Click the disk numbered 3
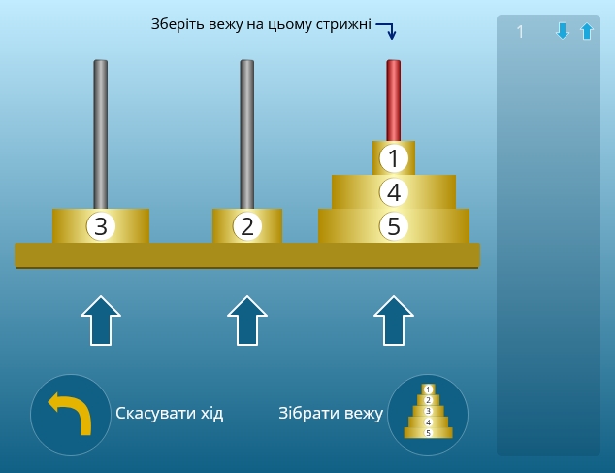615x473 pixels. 101,226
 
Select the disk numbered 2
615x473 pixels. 247,226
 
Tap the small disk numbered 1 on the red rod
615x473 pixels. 394,158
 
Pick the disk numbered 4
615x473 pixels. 394,192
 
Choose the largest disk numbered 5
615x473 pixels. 394,226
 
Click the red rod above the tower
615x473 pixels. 394,100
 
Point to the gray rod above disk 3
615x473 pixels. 101,134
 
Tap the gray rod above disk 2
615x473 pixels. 247,134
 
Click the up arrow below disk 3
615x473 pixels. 101,321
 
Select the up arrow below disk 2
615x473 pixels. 247,321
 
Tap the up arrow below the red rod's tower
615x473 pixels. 394,321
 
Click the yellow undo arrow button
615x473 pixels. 71,415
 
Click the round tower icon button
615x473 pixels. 428,415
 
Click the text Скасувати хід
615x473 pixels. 170,414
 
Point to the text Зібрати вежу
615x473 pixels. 331,414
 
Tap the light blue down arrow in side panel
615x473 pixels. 563,31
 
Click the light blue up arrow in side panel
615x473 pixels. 587,31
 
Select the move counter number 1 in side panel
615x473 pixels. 520,32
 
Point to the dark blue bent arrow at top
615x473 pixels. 387,29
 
